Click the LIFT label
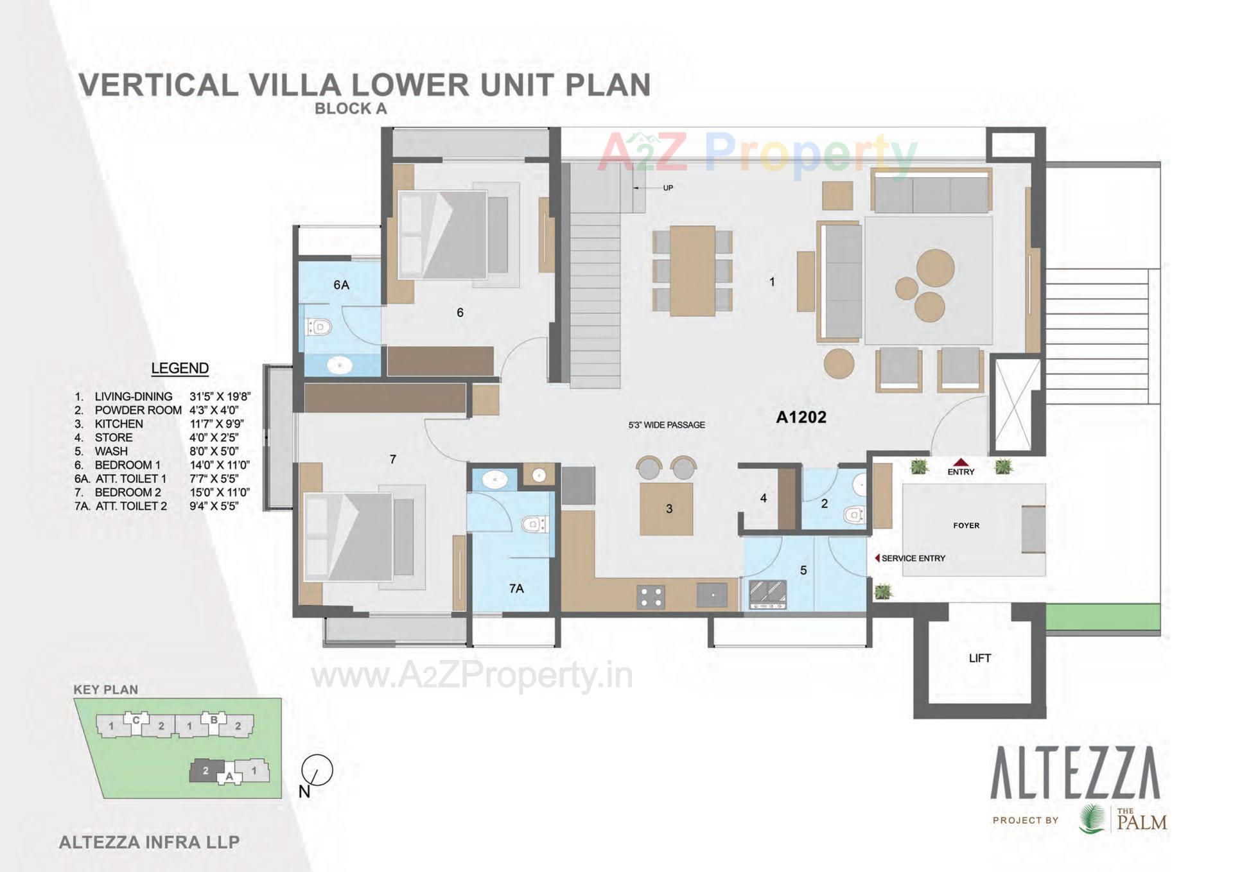(979, 658)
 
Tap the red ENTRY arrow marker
(960, 462)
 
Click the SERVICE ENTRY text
(913, 559)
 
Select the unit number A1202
(801, 417)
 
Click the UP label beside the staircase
(668, 188)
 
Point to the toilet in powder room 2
(854, 514)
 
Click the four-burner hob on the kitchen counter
(651, 597)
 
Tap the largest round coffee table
(935, 268)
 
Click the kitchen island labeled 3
(667, 509)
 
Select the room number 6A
(341, 284)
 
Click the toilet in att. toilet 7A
(533, 525)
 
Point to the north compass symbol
(317, 771)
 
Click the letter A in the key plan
(229, 776)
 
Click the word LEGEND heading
(180, 368)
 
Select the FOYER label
(966, 525)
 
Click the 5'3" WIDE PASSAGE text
(667, 425)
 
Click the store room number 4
(763, 498)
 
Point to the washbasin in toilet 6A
(339, 366)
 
